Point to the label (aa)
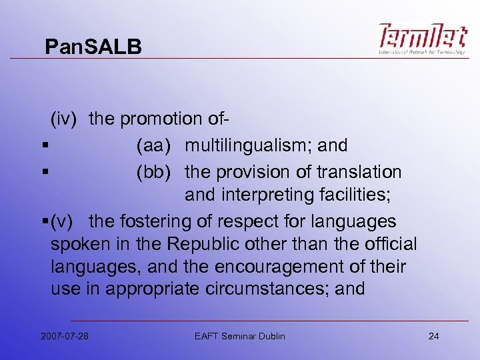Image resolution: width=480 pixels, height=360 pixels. (x=157, y=145)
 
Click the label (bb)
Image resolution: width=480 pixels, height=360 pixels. (x=157, y=172)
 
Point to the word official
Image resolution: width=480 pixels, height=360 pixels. (x=387, y=244)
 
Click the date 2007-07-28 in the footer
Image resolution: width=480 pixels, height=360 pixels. (x=64, y=335)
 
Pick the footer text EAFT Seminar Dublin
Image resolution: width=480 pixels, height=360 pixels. (x=240, y=335)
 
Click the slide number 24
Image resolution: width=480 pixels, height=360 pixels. (x=433, y=335)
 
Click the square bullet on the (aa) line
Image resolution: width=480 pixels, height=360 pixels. (x=43, y=146)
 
